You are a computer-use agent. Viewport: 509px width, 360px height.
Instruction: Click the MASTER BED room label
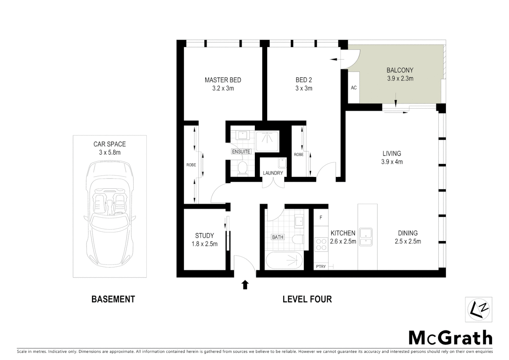(x=223, y=80)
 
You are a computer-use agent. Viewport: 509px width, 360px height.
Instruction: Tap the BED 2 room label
(x=303, y=80)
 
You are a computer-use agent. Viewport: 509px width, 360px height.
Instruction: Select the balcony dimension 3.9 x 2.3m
(x=400, y=79)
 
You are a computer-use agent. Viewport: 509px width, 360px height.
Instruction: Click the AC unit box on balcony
(x=353, y=88)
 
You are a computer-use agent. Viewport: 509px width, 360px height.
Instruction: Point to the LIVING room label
(x=391, y=154)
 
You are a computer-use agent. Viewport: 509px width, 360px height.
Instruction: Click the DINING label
(x=407, y=233)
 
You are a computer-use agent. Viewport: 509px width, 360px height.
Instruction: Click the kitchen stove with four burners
(x=321, y=244)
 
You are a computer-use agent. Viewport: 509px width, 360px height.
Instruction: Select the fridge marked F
(x=321, y=218)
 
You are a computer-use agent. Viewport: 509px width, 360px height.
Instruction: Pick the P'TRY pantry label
(x=321, y=266)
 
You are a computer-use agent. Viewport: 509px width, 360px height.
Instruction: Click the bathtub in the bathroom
(x=284, y=261)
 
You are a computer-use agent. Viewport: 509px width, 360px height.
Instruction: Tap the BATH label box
(x=277, y=237)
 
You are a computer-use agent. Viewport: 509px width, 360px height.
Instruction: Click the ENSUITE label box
(x=241, y=152)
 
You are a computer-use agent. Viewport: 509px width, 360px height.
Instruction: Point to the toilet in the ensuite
(x=243, y=168)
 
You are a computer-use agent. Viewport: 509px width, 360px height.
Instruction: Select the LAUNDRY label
(x=272, y=173)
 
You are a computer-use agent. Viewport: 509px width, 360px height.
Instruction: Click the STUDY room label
(x=204, y=235)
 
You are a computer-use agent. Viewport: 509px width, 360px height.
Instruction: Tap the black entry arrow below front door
(x=245, y=285)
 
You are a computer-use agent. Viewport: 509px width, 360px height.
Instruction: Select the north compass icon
(x=478, y=309)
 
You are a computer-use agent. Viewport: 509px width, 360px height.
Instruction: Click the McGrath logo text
(x=450, y=338)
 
